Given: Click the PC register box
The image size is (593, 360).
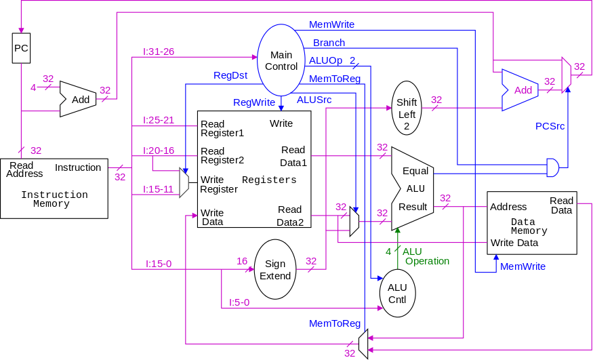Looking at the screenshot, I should click(x=22, y=48).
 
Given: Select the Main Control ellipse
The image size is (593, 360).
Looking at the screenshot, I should click(x=281, y=60).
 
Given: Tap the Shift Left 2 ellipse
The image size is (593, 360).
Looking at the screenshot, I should click(x=407, y=108).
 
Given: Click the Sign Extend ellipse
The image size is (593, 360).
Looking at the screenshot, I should click(x=275, y=269).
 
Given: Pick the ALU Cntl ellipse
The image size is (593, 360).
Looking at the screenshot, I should click(x=397, y=293).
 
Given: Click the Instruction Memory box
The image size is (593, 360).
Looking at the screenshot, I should click(x=54, y=188).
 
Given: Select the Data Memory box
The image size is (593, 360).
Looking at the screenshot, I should click(x=532, y=222).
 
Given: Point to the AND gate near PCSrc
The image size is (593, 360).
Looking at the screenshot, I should click(x=553, y=167).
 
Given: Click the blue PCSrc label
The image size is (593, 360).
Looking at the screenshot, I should click(x=550, y=126).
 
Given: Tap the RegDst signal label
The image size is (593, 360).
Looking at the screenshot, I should click(x=230, y=75).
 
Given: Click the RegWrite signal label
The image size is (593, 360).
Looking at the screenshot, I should click(x=254, y=102).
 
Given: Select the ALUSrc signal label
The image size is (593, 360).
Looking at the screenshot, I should click(x=314, y=99).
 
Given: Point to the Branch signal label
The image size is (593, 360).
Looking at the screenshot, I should click(x=329, y=43).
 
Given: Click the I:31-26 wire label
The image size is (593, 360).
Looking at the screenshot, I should click(x=159, y=52).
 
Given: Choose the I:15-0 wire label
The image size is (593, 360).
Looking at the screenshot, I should click(x=159, y=263).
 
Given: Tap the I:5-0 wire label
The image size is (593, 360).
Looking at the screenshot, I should click(x=239, y=302).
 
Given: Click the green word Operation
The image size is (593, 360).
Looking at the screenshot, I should click(x=427, y=261).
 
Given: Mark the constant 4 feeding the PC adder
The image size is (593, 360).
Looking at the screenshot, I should click(x=33, y=87).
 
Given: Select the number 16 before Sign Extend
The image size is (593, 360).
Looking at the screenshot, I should click(x=242, y=261).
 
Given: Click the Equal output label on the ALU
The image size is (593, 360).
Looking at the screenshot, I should click(x=415, y=171).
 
